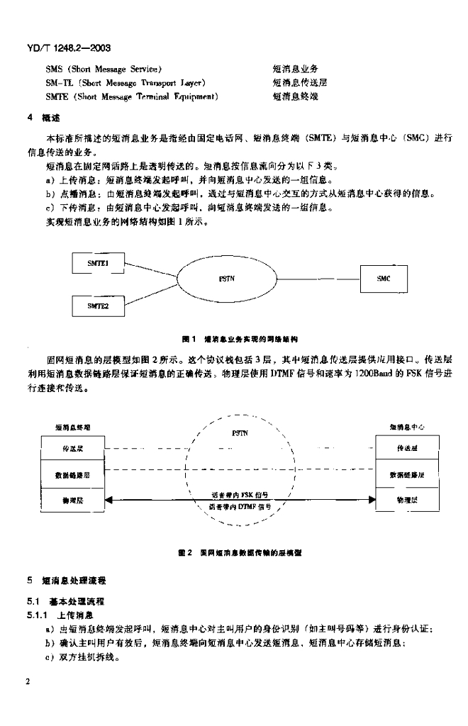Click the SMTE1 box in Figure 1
point(97,263)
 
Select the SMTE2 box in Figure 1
point(97,306)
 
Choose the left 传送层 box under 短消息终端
point(71,448)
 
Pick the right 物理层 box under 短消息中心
point(407,501)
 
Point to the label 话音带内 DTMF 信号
point(238,507)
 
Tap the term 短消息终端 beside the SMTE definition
point(296,96)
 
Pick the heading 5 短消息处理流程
point(65,580)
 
